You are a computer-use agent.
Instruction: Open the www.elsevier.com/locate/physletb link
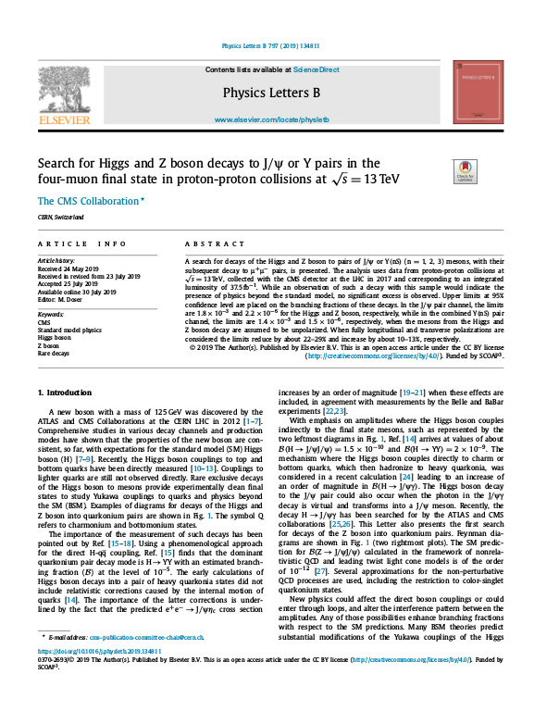pos(267,121)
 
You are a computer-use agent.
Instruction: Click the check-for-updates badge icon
pos(465,172)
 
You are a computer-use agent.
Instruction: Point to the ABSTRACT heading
pos(207,244)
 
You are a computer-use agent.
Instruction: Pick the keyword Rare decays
pos(54,353)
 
